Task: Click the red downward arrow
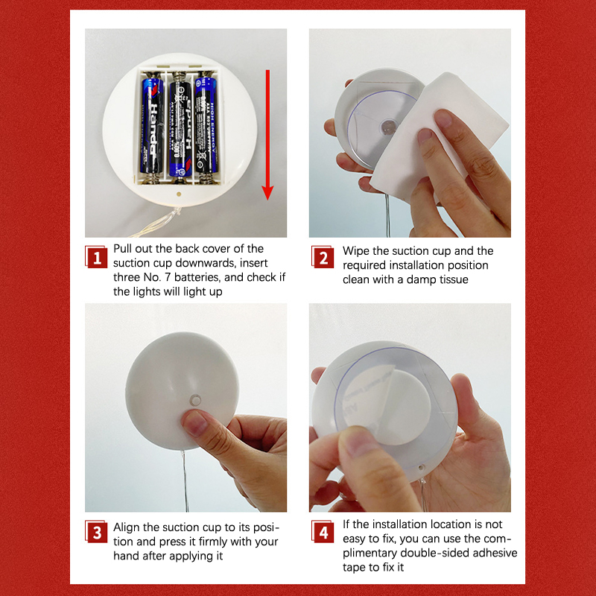267,135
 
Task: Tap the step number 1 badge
96,257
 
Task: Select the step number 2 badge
323,257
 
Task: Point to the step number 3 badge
96,532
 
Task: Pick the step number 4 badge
323,532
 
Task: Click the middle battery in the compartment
180,124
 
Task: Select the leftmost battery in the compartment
152,124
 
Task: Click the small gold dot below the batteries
179,194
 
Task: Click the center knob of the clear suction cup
388,127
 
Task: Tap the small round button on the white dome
195,400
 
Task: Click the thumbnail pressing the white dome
194,423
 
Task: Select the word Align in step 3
127,527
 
